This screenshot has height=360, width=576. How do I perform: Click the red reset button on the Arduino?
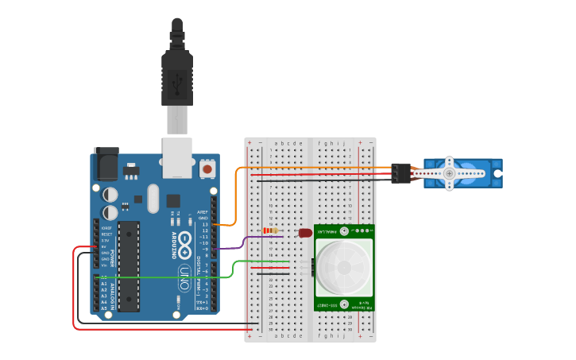coord(207,168)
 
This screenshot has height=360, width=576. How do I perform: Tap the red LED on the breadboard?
coord(305,233)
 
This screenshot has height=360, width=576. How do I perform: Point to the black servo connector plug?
coord(400,173)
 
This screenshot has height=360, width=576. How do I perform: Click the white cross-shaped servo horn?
coord(450,173)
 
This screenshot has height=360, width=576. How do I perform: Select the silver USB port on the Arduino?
coord(177,157)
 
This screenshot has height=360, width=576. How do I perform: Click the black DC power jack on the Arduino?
coord(106,164)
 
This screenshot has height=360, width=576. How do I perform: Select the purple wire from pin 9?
coord(238,245)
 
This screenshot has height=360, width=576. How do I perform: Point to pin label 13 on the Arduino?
coord(204,224)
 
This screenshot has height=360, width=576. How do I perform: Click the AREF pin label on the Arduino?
coord(203,212)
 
